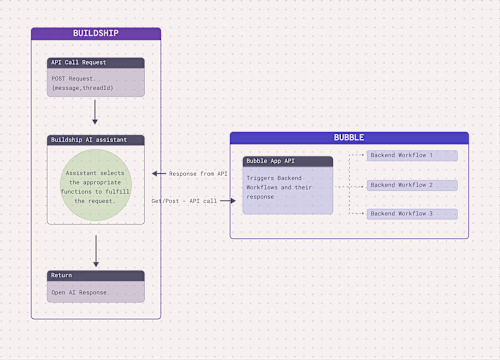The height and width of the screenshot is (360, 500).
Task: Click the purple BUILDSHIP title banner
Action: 96,33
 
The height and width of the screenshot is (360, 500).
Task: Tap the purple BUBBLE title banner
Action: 349,137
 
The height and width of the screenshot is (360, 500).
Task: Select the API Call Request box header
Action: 96,63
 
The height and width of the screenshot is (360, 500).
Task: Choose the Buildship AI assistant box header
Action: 96,140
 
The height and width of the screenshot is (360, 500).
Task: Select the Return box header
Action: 96,276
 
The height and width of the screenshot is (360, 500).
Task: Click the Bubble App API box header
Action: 288,161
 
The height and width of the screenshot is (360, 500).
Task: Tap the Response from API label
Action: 199,174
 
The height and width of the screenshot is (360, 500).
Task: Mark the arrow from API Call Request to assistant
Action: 95,113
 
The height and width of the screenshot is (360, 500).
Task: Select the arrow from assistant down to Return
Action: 95,250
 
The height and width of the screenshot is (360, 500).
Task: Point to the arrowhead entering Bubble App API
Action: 235,200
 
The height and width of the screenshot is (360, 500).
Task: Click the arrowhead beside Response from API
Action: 154,174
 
